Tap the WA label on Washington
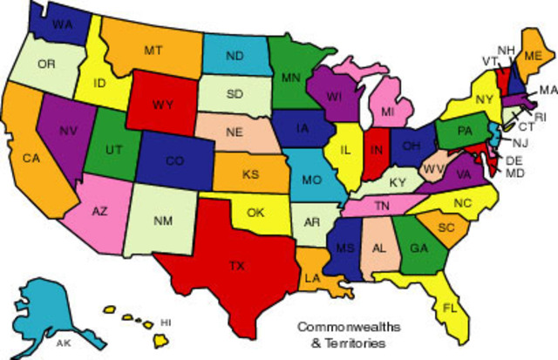click(x=62, y=24)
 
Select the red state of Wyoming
click(x=162, y=105)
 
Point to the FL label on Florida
click(x=449, y=309)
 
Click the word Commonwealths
click(x=340, y=328)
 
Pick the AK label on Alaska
click(x=63, y=343)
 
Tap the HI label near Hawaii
click(x=166, y=323)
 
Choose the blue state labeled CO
click(x=174, y=161)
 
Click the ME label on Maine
click(x=533, y=55)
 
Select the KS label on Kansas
click(x=251, y=174)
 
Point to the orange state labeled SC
click(x=446, y=227)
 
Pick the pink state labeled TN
click(x=382, y=206)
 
